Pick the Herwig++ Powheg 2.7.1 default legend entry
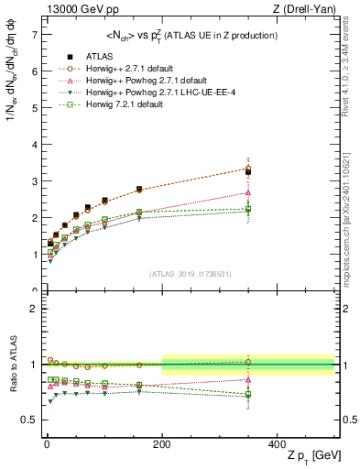click(x=125, y=79)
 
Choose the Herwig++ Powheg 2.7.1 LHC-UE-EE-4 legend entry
click(x=137, y=92)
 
